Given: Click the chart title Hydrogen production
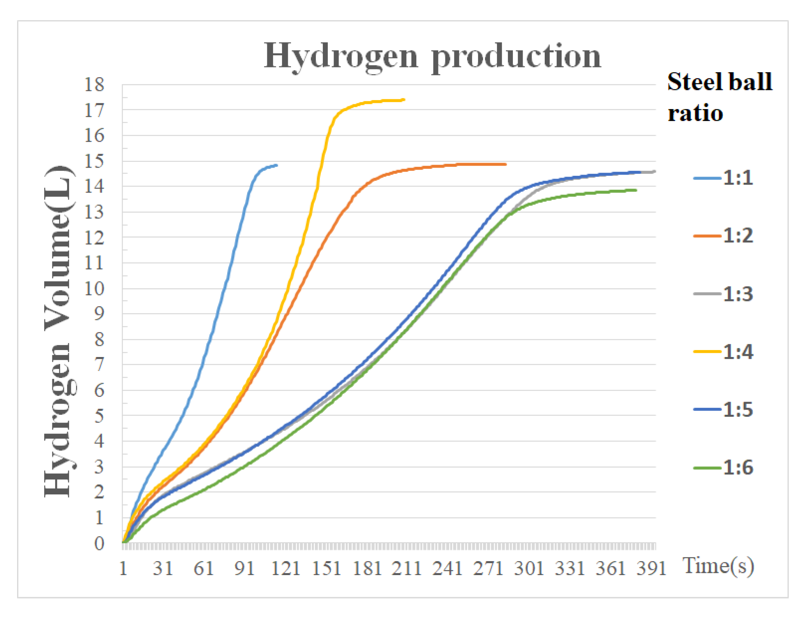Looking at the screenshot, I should [432, 56].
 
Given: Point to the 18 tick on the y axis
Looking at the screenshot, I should [94, 85].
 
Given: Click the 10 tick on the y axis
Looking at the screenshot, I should [94, 289].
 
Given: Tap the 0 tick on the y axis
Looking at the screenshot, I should [99, 543].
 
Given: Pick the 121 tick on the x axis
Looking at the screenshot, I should [286, 568].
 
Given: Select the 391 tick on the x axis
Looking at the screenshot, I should [651, 568].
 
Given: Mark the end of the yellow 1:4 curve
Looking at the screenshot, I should [404, 100].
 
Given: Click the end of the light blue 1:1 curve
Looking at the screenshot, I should [277, 165].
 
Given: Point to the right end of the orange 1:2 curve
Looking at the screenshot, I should [506, 164].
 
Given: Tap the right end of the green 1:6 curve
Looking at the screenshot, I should [636, 190].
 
